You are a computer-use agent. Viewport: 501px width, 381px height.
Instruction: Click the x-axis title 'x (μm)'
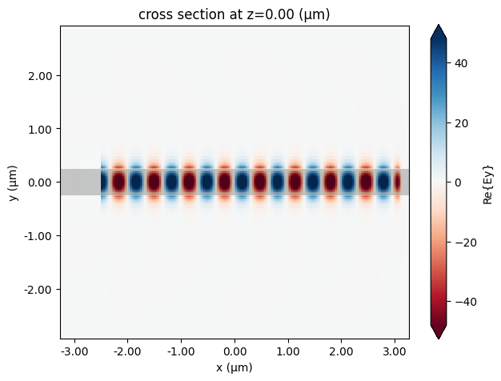click(x=234, y=367)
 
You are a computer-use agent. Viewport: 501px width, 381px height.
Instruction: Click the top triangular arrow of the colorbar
click(x=439, y=32)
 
